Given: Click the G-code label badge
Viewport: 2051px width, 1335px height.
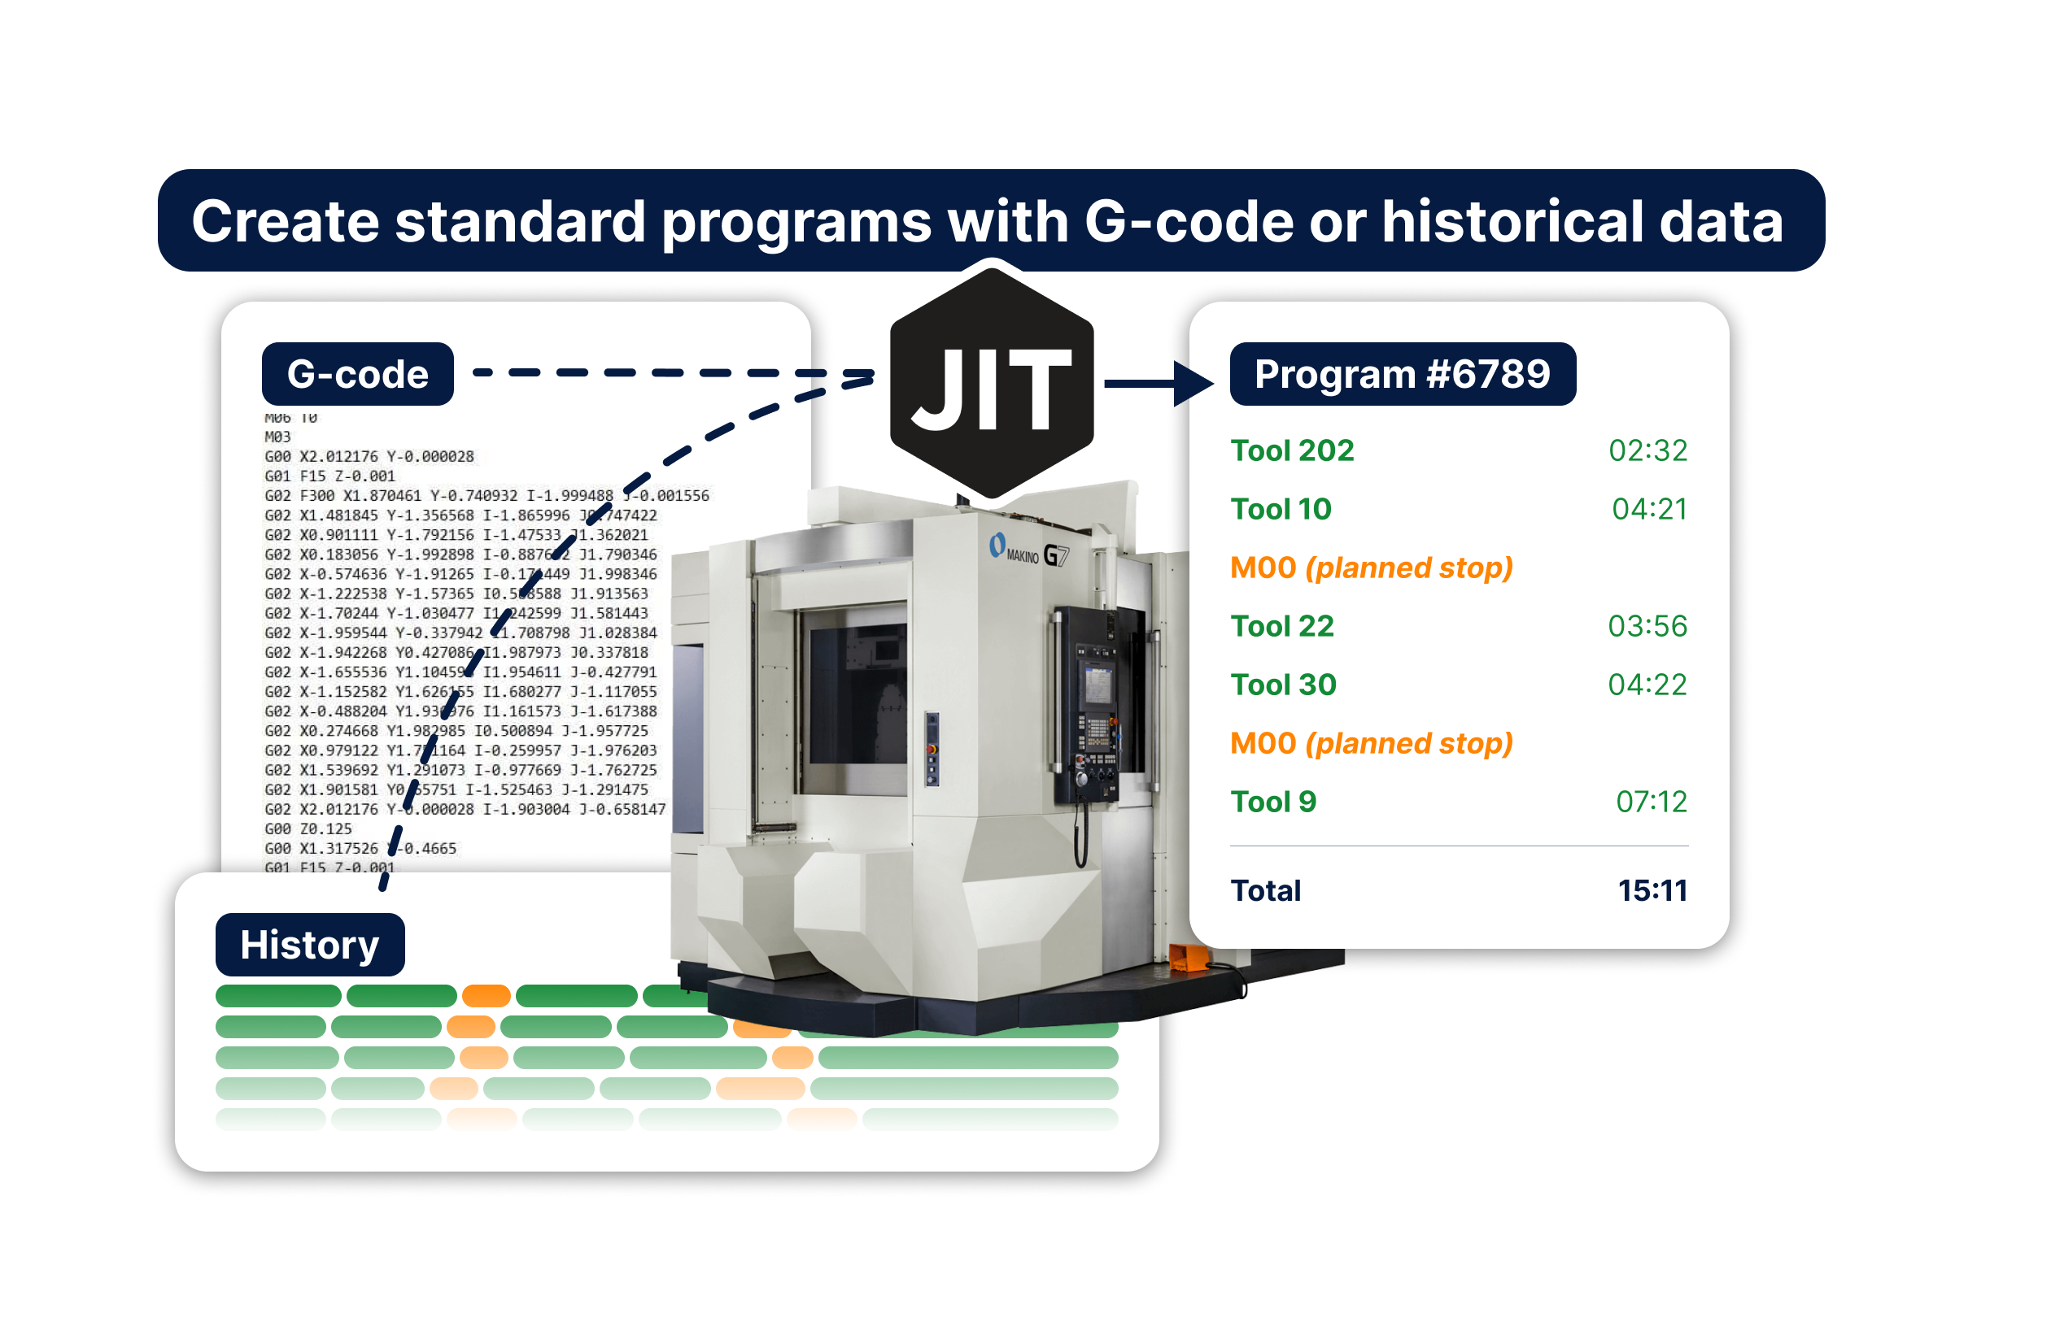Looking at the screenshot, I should point(358,374).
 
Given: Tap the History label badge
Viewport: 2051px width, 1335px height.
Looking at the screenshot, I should point(309,945).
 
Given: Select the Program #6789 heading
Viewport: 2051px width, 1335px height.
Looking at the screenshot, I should point(1402,374).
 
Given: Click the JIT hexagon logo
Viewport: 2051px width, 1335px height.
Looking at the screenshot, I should point(991,383).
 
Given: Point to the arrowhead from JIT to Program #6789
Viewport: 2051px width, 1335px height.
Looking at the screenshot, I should point(1193,383).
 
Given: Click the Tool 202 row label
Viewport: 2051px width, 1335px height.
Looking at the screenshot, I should point(1292,450).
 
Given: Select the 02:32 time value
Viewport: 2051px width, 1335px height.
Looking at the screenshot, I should point(1647,450).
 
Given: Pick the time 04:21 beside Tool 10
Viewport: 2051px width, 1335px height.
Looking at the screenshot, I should point(1648,509).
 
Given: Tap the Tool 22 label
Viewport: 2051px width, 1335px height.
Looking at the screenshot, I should point(1281,626).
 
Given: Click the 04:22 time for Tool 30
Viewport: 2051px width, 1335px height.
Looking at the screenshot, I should point(1647,685).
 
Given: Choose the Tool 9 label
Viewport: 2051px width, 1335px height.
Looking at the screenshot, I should point(1273,802).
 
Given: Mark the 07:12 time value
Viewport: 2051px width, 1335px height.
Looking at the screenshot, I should point(1650,802).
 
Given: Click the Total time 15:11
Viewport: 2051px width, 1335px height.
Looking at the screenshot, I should point(1652,890).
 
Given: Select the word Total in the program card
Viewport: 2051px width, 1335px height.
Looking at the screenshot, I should point(1265,890).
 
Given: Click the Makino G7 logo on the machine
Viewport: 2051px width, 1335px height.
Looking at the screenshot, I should point(1029,550).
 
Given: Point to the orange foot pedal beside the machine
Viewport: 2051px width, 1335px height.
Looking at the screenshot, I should point(1190,957).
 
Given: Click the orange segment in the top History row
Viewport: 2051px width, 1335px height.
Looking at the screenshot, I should point(486,996).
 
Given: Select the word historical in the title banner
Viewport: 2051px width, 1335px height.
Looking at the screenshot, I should point(1512,221).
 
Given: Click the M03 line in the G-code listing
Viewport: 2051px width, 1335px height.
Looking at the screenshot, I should point(277,437).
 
